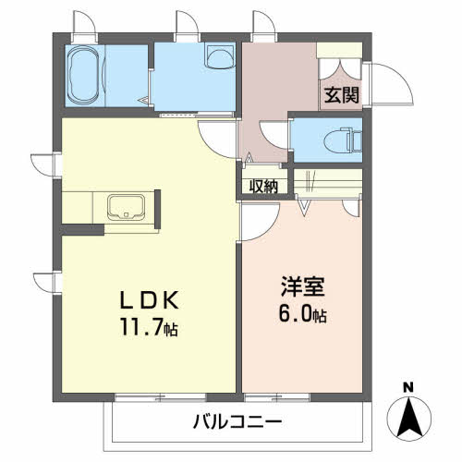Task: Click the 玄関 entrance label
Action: tap(342, 95)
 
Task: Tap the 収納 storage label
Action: tap(263, 187)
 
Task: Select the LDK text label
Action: tap(149, 300)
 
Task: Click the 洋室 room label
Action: tap(302, 286)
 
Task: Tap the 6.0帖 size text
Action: tap(302, 313)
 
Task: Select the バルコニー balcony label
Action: tap(237, 421)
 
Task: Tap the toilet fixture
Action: tap(343, 141)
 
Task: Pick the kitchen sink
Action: tap(126, 207)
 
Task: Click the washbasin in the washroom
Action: tap(219, 55)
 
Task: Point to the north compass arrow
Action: tap(409, 418)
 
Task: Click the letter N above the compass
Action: tap(408, 388)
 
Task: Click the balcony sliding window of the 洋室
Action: tap(276, 397)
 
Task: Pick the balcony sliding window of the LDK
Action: tap(160, 397)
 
